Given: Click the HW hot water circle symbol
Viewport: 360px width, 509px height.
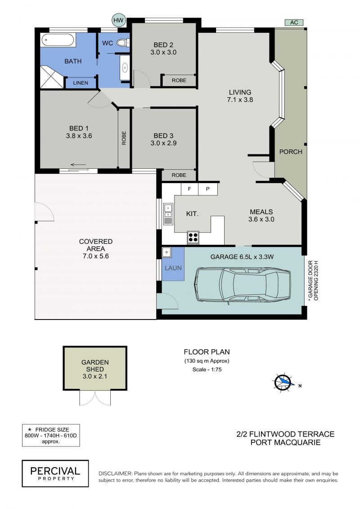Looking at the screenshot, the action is click(118, 20).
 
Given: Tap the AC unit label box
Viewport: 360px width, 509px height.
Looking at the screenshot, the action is click(294, 23).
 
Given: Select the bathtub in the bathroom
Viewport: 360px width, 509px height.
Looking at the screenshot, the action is click(58, 41).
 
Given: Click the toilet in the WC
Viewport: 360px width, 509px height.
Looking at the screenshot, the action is click(123, 42).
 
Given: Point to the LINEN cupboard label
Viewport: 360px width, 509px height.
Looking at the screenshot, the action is click(81, 83).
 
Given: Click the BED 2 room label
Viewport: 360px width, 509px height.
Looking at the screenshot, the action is click(163, 45).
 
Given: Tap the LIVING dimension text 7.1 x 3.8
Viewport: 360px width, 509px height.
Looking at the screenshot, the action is click(240, 99).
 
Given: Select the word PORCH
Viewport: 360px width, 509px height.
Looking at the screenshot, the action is click(291, 152).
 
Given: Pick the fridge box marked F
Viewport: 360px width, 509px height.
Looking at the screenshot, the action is click(189, 189).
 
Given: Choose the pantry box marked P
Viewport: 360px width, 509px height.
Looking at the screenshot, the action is click(208, 189).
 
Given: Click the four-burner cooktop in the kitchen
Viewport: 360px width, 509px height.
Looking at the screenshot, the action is click(193, 237).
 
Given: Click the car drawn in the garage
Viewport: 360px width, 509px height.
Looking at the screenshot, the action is click(243, 284).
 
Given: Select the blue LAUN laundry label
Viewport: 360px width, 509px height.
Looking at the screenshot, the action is click(173, 268).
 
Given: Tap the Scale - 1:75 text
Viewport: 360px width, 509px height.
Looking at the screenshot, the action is click(207, 369).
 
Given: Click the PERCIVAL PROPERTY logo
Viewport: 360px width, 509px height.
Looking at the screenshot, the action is click(55, 473).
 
